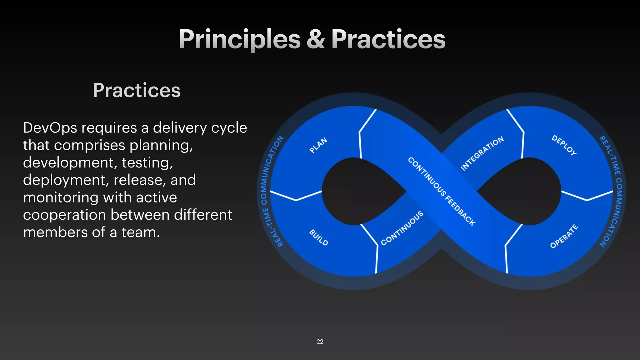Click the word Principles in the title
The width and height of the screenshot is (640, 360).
(239, 39)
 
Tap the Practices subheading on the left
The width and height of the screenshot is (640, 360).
(137, 90)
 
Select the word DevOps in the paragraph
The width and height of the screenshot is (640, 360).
(50, 128)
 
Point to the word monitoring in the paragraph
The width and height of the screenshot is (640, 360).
(61, 198)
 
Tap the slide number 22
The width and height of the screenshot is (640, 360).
(320, 342)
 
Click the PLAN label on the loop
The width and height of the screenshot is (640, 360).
(318, 145)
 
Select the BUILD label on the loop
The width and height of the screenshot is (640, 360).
(318, 237)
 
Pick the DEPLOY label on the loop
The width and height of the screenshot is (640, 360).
(564, 145)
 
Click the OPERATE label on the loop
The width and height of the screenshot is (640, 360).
(564, 236)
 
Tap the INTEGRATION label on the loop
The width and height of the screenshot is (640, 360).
(482, 153)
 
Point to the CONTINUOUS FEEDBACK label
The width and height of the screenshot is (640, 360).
(442, 191)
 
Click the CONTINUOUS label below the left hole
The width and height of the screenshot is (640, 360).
(402, 228)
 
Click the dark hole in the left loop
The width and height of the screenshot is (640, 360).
(356, 191)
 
